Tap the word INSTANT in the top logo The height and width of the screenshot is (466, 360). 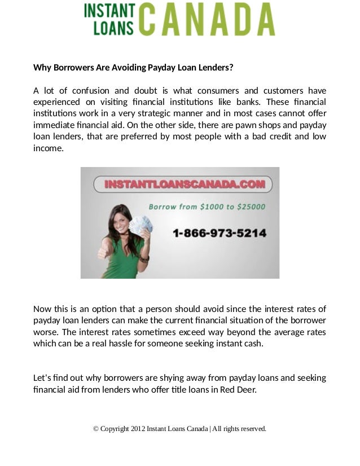(109, 11)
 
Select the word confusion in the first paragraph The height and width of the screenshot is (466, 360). (88, 91)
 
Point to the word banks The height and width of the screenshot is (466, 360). (247, 102)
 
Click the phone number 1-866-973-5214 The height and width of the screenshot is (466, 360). (219, 232)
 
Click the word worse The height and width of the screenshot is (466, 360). (45, 331)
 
